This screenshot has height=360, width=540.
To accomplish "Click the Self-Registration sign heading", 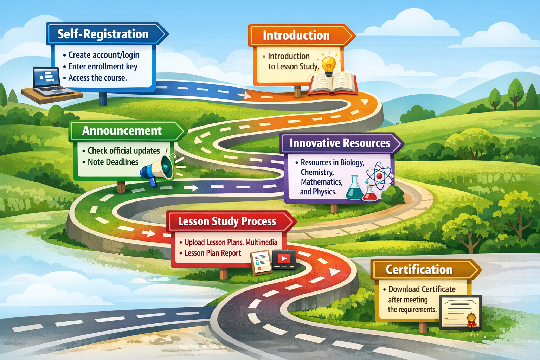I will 103,34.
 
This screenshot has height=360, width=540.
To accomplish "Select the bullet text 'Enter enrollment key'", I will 103,66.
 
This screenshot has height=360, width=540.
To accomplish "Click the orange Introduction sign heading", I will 296,36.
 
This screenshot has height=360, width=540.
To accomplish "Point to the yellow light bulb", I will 329,65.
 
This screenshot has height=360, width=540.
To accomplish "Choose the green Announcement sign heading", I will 122,131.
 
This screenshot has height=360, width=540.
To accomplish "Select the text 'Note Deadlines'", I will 113,162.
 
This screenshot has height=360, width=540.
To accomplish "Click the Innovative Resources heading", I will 340,143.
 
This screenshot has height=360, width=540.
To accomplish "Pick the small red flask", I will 370,194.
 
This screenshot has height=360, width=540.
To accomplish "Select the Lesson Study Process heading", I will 227,221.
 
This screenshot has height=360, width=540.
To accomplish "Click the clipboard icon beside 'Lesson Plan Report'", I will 262,262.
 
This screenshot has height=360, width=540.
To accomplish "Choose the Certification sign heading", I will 419,270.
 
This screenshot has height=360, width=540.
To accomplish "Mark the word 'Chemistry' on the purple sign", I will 317,172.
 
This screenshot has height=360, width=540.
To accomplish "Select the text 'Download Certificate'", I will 422,289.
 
